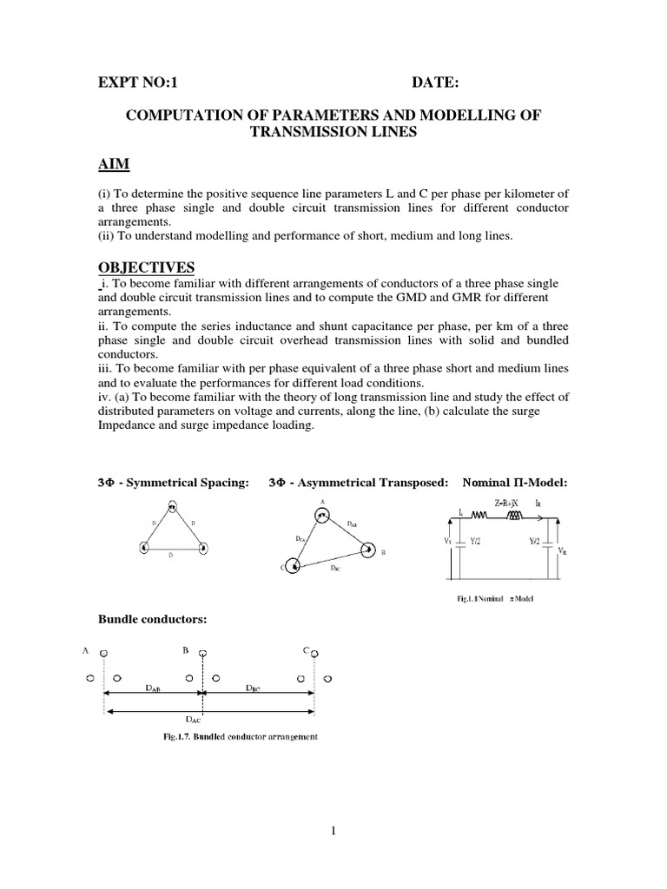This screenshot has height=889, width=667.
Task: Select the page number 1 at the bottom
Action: [333, 832]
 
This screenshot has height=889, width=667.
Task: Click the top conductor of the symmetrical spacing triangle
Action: [172, 508]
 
